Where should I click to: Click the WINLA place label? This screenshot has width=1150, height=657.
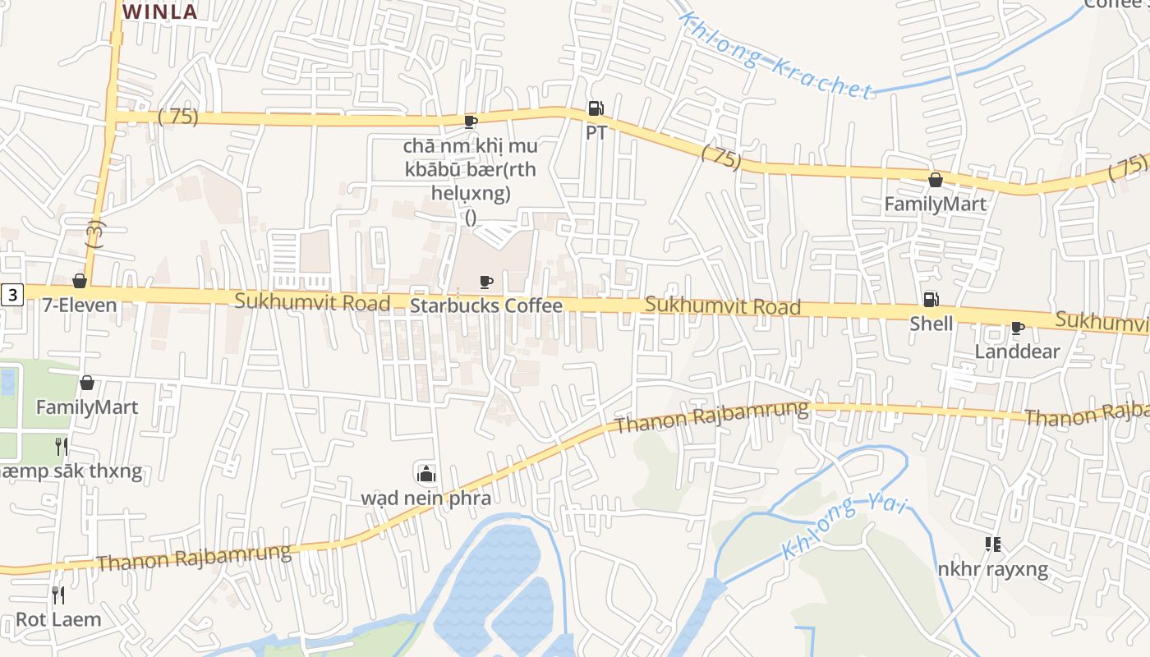[x=160, y=11]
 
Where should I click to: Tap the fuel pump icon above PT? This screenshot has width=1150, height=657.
[x=596, y=108]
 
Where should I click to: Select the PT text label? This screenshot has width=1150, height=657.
[x=596, y=132]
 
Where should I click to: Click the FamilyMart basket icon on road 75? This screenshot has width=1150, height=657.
[x=935, y=179]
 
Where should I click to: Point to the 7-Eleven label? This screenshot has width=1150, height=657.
[x=80, y=306]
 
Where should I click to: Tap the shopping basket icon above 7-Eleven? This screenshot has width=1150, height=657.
[x=80, y=282]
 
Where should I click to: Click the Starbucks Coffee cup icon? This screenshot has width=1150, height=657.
[x=486, y=283]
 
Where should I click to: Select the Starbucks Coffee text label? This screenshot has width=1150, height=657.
[x=486, y=306]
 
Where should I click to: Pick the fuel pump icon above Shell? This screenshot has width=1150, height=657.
[x=931, y=300]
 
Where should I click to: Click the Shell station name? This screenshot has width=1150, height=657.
[x=931, y=324]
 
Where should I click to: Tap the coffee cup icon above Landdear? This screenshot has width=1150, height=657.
[x=1017, y=328]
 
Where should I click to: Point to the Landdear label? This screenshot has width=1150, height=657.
[x=1017, y=351]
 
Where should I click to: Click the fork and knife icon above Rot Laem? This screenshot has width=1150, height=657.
[x=58, y=595]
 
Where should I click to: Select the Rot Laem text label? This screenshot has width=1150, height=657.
[x=58, y=619]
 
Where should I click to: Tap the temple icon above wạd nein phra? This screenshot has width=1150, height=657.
[x=426, y=473]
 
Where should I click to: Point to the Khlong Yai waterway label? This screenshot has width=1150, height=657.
[x=844, y=526]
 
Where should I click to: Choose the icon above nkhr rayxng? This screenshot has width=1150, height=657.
[x=992, y=544]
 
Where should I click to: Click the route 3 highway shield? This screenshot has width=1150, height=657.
[x=12, y=294]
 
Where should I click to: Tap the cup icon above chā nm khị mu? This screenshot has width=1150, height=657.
[x=470, y=122]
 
